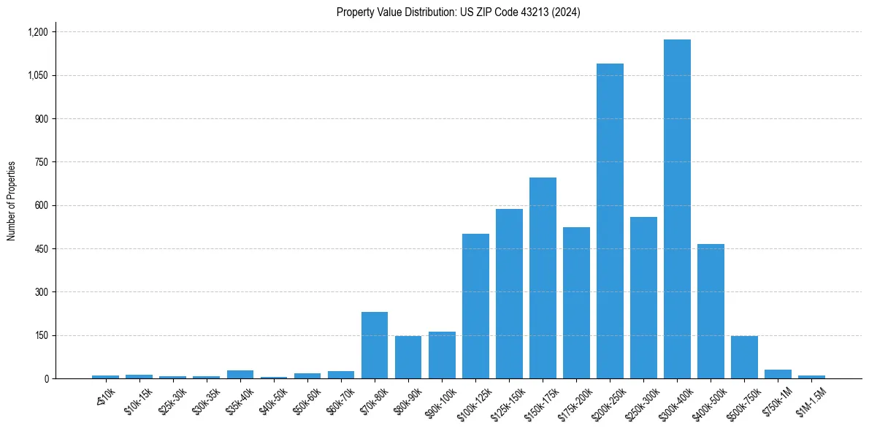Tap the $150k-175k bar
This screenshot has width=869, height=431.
(x=543, y=278)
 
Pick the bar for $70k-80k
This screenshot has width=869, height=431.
(x=375, y=345)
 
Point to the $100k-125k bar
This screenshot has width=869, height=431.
(x=475, y=306)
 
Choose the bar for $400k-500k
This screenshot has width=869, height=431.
(x=711, y=311)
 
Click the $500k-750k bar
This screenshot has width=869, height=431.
(x=744, y=357)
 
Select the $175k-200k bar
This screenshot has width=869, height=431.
(x=576, y=302)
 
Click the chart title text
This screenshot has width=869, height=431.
(x=458, y=12)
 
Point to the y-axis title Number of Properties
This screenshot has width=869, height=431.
(x=12, y=201)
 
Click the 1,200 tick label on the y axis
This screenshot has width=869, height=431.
(x=37, y=32)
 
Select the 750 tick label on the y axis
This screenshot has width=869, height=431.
(x=41, y=162)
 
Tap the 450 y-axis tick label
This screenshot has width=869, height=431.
(x=41, y=249)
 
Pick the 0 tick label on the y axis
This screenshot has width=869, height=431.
(x=45, y=379)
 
